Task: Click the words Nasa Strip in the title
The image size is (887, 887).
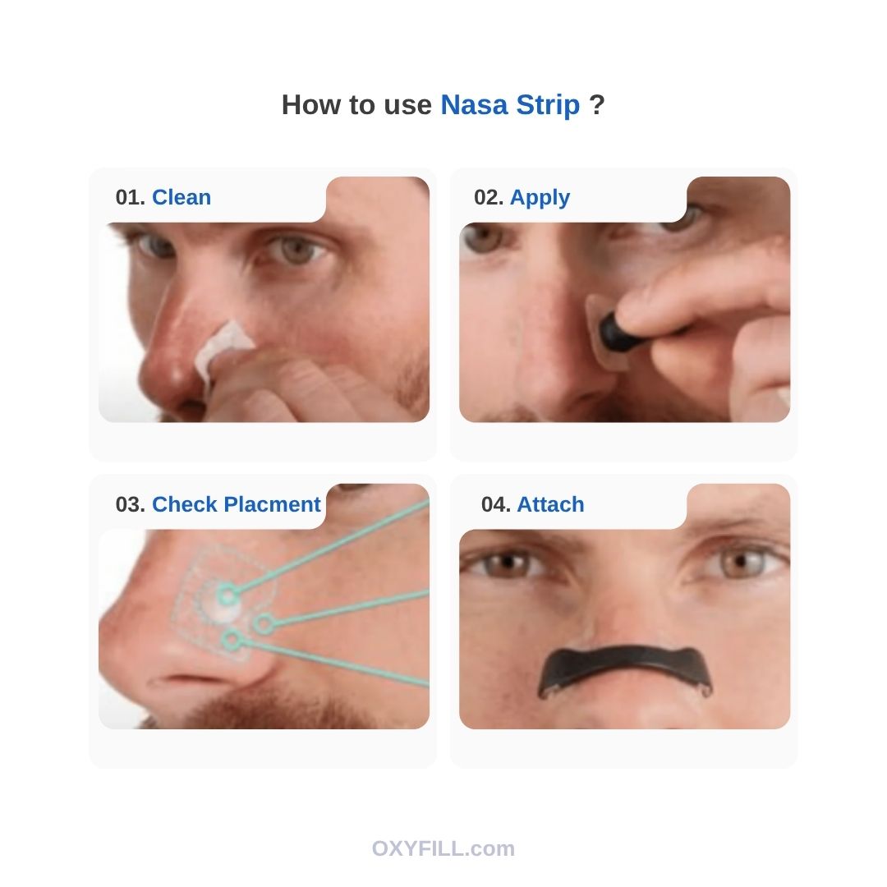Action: pos(510,105)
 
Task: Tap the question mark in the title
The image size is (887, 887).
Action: pos(597,104)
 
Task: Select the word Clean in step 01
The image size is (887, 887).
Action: pos(182,197)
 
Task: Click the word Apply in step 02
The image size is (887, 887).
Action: pos(540,198)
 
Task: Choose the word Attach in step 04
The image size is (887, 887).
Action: pos(550,504)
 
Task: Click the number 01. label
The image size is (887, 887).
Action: pos(131,197)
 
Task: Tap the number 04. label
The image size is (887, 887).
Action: pos(496,504)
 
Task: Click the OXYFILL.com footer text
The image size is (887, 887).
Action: pos(443,848)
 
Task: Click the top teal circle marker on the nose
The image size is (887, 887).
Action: pos(227,595)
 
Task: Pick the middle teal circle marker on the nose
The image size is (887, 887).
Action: pos(263,624)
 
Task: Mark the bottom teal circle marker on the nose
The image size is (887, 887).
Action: pos(231,640)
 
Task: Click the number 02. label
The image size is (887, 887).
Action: pos(489,197)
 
